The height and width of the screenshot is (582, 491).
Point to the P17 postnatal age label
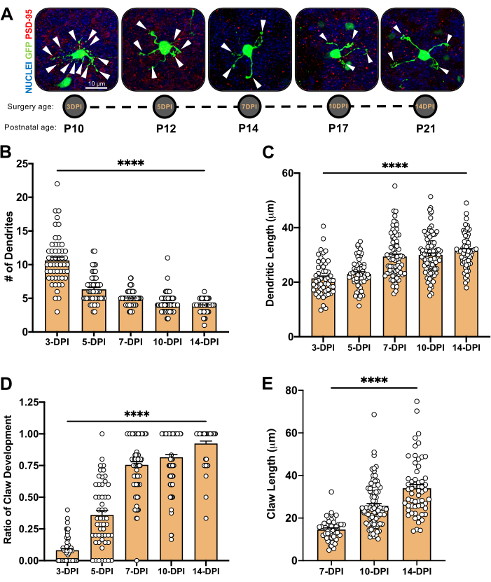click(x=338, y=130)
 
